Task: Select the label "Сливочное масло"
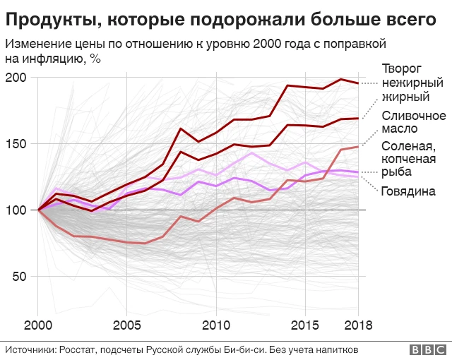click(x=413, y=122)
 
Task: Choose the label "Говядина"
click(x=408, y=191)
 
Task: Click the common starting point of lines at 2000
click(x=40, y=210)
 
